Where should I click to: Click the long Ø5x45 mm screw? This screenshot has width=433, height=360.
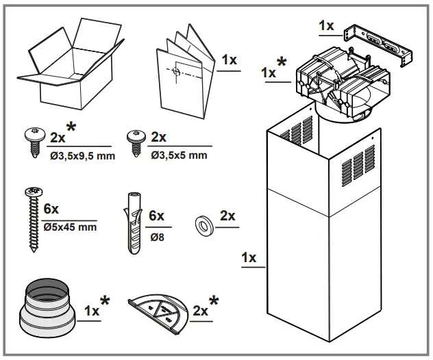pyautogui.click(x=32, y=219)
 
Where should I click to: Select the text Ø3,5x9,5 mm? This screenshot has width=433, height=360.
pyautogui.click(x=82, y=156)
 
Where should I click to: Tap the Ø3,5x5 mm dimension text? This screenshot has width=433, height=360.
pyautogui.click(x=180, y=156)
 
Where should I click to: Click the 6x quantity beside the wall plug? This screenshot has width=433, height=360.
pyautogui.click(x=157, y=215)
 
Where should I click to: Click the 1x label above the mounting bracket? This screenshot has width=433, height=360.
pyautogui.click(x=327, y=25)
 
